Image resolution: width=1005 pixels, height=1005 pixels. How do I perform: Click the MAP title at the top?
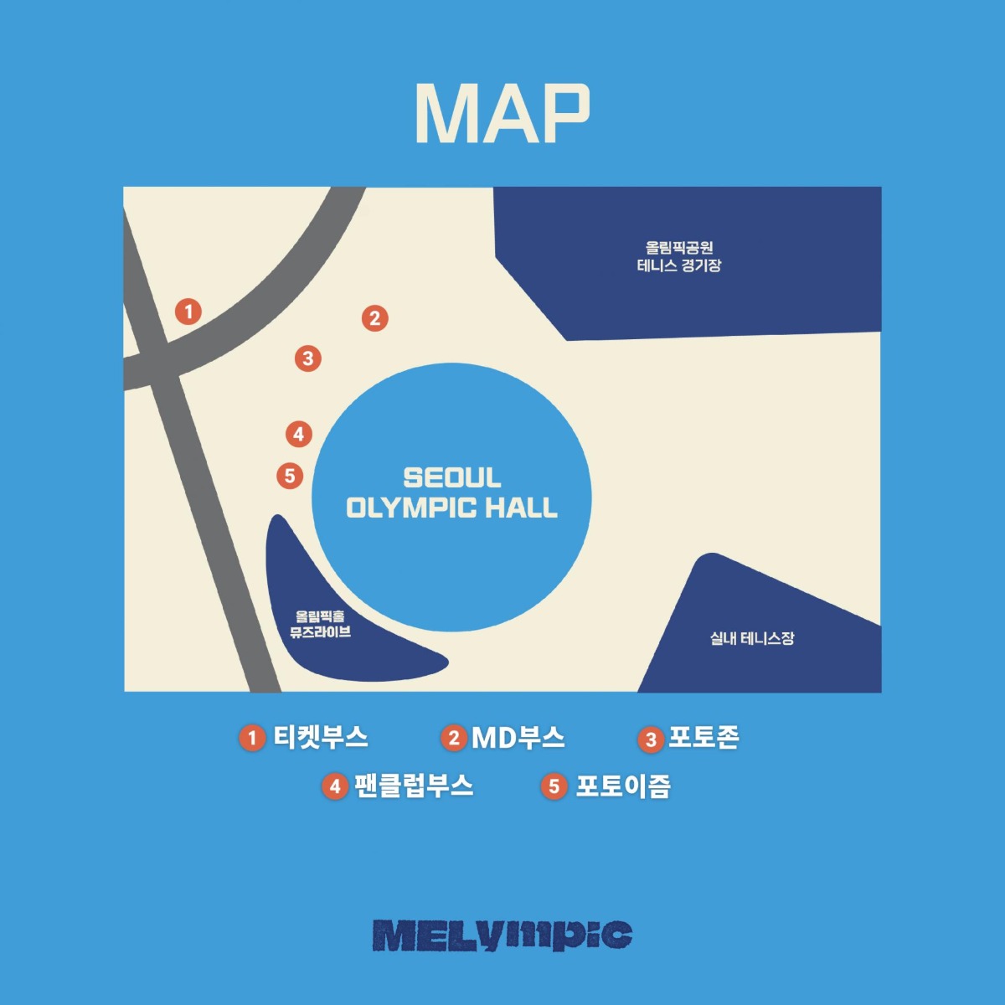click(502, 113)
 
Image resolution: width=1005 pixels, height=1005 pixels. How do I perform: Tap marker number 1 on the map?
click(188, 312)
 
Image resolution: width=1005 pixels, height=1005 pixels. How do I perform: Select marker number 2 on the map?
click(375, 318)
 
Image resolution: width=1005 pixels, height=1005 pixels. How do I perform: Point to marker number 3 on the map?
click(307, 358)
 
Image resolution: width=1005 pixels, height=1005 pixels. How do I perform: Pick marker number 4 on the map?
click(299, 434)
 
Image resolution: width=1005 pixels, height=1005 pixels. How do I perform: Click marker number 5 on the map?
click(290, 476)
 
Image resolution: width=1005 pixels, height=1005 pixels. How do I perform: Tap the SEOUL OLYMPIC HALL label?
click(451, 492)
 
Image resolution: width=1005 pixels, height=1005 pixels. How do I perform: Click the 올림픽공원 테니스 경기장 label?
click(679, 256)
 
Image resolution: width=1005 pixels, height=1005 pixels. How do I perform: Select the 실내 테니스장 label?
click(751, 638)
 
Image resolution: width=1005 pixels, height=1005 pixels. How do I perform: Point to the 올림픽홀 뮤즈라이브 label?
click(320, 624)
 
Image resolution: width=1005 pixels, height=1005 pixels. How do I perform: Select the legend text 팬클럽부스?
click(414, 786)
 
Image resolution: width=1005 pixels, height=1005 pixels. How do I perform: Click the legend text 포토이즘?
click(623, 786)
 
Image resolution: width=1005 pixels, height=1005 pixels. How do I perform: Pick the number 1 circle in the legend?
click(252, 739)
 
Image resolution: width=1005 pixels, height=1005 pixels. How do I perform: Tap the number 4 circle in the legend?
click(335, 786)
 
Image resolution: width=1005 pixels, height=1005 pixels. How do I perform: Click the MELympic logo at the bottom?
click(502, 936)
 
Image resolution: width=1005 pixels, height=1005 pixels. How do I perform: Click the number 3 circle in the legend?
click(651, 740)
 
